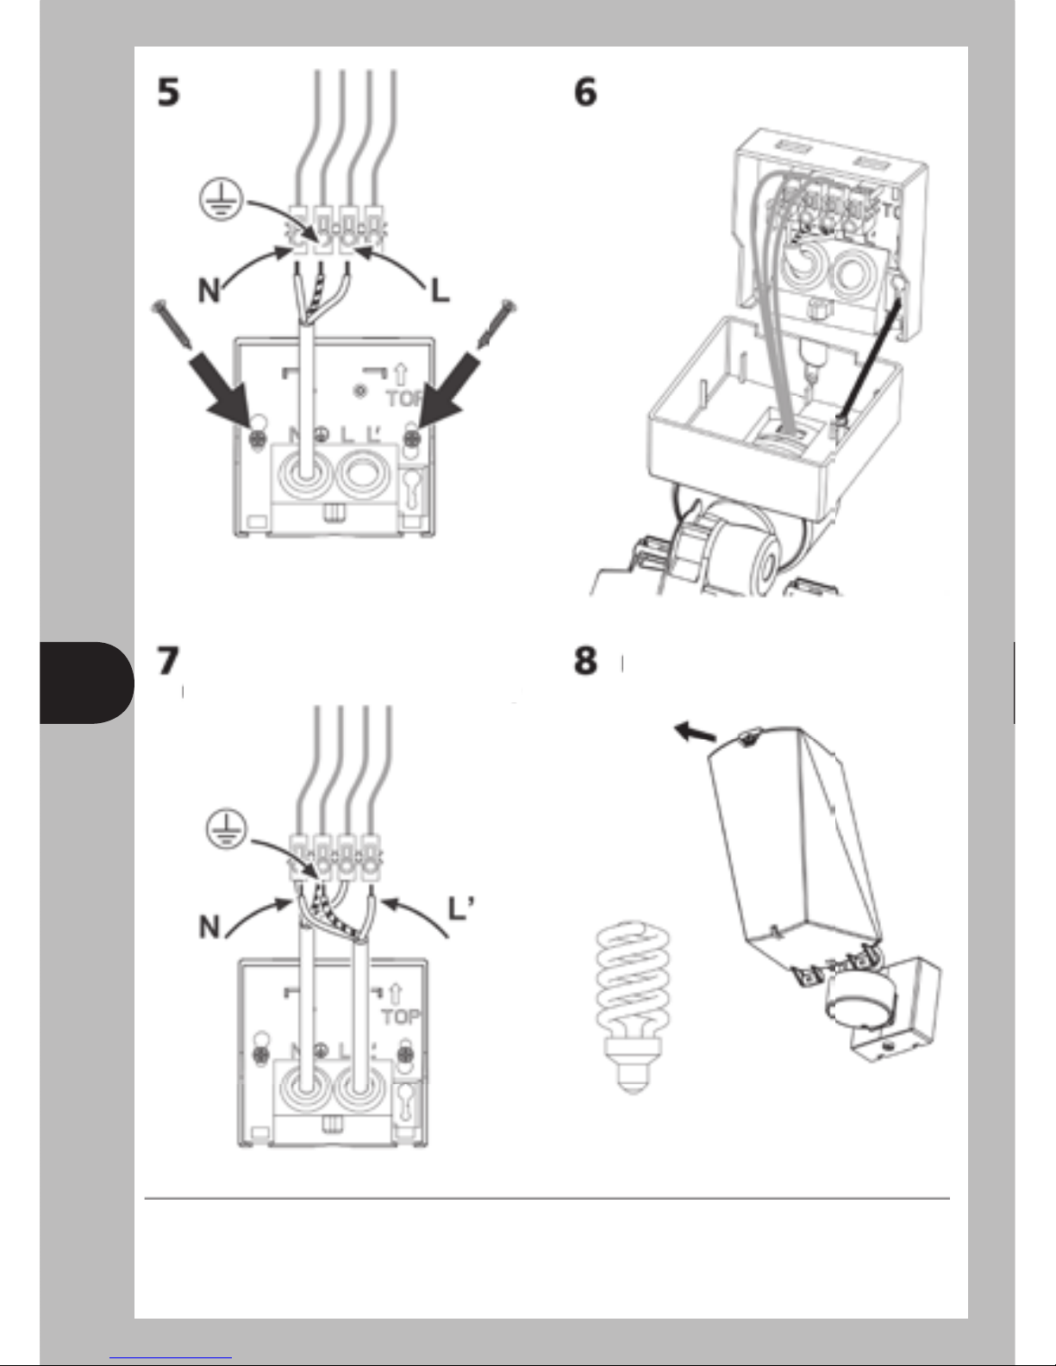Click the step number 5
coord(168,91)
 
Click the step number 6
coord(585,91)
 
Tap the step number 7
coord(168,661)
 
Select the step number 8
coord(585,661)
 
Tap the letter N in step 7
coord(209,926)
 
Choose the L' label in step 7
coord(461,909)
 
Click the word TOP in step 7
coord(401,1017)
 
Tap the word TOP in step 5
coord(405,399)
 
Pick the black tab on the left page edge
coord(86,683)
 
